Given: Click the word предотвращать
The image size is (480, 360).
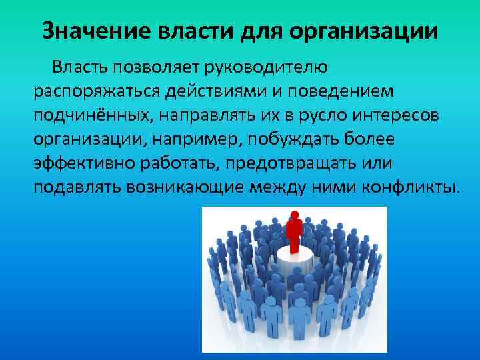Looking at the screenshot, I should (285, 163).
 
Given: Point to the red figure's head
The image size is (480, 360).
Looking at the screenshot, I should (293, 214).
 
